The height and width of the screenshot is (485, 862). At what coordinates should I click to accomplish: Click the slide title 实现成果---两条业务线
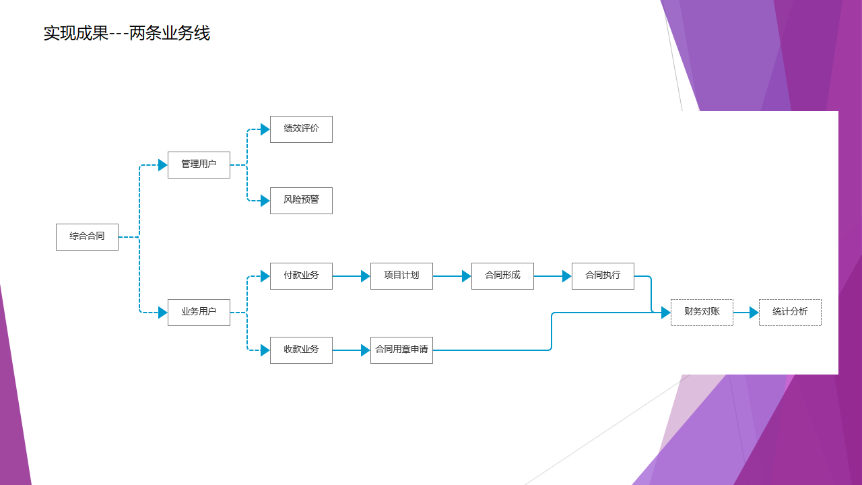(127, 33)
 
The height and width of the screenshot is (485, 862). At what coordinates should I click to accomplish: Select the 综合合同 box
(87, 237)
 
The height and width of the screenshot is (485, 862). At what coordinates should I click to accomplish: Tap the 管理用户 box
(199, 165)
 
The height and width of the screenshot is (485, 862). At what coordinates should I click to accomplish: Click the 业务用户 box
(199, 313)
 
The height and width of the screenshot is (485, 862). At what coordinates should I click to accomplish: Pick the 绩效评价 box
(301, 129)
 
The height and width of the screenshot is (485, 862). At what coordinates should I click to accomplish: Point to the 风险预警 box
(301, 201)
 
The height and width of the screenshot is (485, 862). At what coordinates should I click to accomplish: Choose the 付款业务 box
(301, 276)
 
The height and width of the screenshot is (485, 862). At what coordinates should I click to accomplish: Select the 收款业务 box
(301, 350)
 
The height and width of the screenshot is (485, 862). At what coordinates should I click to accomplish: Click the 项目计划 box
(401, 276)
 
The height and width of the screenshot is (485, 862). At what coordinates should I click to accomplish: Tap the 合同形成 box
(502, 276)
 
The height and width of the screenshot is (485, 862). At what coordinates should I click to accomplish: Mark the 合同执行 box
(603, 276)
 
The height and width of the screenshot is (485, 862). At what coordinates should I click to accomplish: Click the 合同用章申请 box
(401, 350)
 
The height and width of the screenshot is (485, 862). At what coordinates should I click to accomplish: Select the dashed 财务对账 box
(702, 313)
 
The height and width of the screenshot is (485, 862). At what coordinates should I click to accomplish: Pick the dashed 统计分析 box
(790, 313)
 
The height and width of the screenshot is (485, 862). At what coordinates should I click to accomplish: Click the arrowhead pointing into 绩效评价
(265, 129)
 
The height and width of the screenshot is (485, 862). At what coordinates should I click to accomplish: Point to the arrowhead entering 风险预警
(265, 201)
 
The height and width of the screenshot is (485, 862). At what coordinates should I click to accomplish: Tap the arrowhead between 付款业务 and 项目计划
(366, 276)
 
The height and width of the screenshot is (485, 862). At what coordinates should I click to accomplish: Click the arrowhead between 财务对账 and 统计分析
(754, 313)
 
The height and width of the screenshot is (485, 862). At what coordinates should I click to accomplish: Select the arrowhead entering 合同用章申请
(366, 350)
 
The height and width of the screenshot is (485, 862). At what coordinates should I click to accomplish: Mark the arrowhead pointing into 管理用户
(163, 165)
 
